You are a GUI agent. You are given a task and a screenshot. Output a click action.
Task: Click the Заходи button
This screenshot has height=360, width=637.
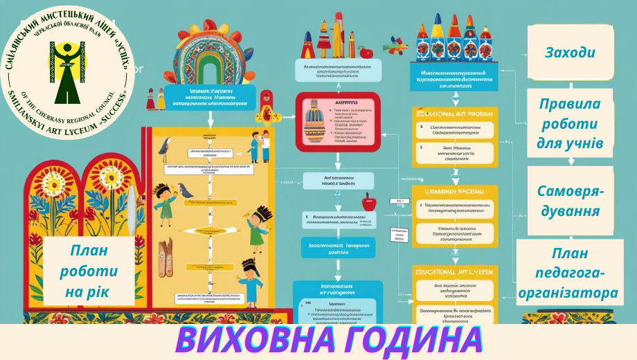pos(570,53)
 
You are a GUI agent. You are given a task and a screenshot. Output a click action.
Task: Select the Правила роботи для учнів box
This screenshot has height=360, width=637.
pos(570,124)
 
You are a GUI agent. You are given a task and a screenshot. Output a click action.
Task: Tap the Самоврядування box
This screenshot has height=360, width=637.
pos(570,201)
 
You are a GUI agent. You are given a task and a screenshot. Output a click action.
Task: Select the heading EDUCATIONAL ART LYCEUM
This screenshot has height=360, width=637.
pos(454,272)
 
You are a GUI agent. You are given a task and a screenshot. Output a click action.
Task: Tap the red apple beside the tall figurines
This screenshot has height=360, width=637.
pos(367,52)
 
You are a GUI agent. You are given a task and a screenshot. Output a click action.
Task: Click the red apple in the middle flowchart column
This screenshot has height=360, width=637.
pos(368,202)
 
